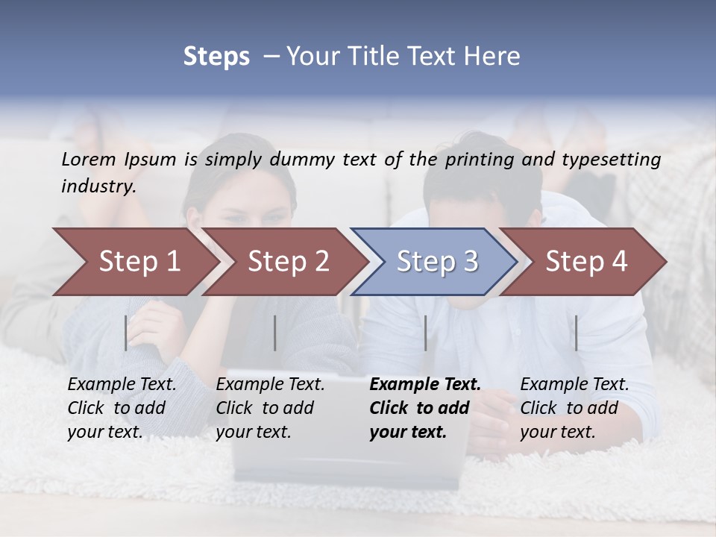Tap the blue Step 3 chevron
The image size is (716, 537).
[437, 262]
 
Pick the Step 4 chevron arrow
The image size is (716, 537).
[586, 262]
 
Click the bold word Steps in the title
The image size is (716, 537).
[216, 57]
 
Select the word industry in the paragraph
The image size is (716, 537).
[98, 186]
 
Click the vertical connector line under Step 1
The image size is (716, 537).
[126, 333]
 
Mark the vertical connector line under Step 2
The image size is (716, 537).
[275, 333]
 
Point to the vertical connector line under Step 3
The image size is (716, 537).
[426, 333]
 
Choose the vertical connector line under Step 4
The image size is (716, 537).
[577, 333]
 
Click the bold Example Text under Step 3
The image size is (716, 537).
[425, 385]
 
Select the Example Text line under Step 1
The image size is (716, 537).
[122, 385]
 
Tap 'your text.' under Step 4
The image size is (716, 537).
[557, 432]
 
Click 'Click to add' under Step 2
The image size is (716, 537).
[265, 409]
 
